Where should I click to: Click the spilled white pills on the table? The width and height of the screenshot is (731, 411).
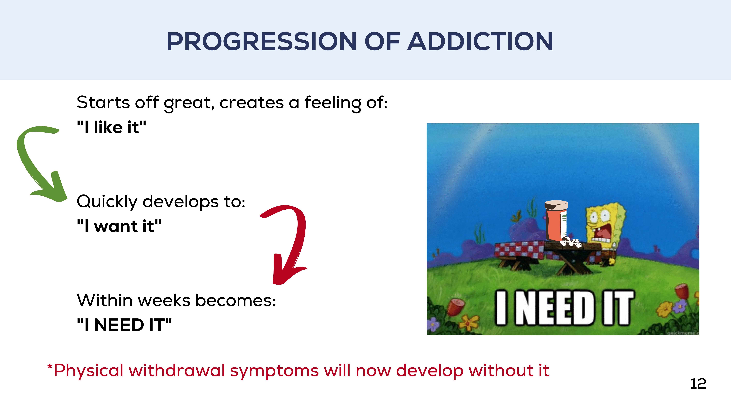(570, 242)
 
